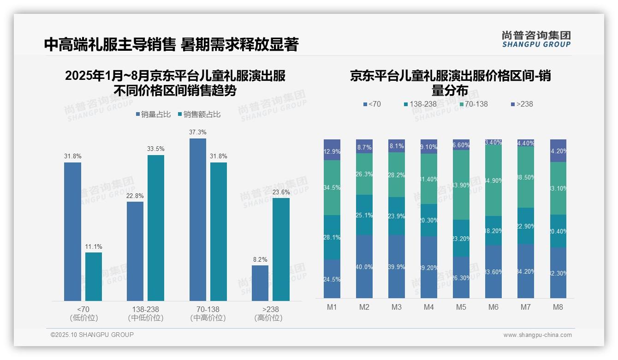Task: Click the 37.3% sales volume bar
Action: coord(198,219)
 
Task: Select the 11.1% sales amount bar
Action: coord(94,276)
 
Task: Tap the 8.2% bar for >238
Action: coord(260,283)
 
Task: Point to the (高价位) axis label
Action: coord(268,318)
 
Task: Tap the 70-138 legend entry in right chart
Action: coord(473,104)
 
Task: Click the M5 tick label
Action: coord(461,307)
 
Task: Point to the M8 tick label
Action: coord(558,307)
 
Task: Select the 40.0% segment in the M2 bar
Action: coord(364,266)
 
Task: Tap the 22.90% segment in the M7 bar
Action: coord(526,226)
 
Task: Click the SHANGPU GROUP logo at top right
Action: coord(536,39)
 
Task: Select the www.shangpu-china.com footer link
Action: coord(537,335)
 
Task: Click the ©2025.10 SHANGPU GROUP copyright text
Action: coord(92,335)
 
